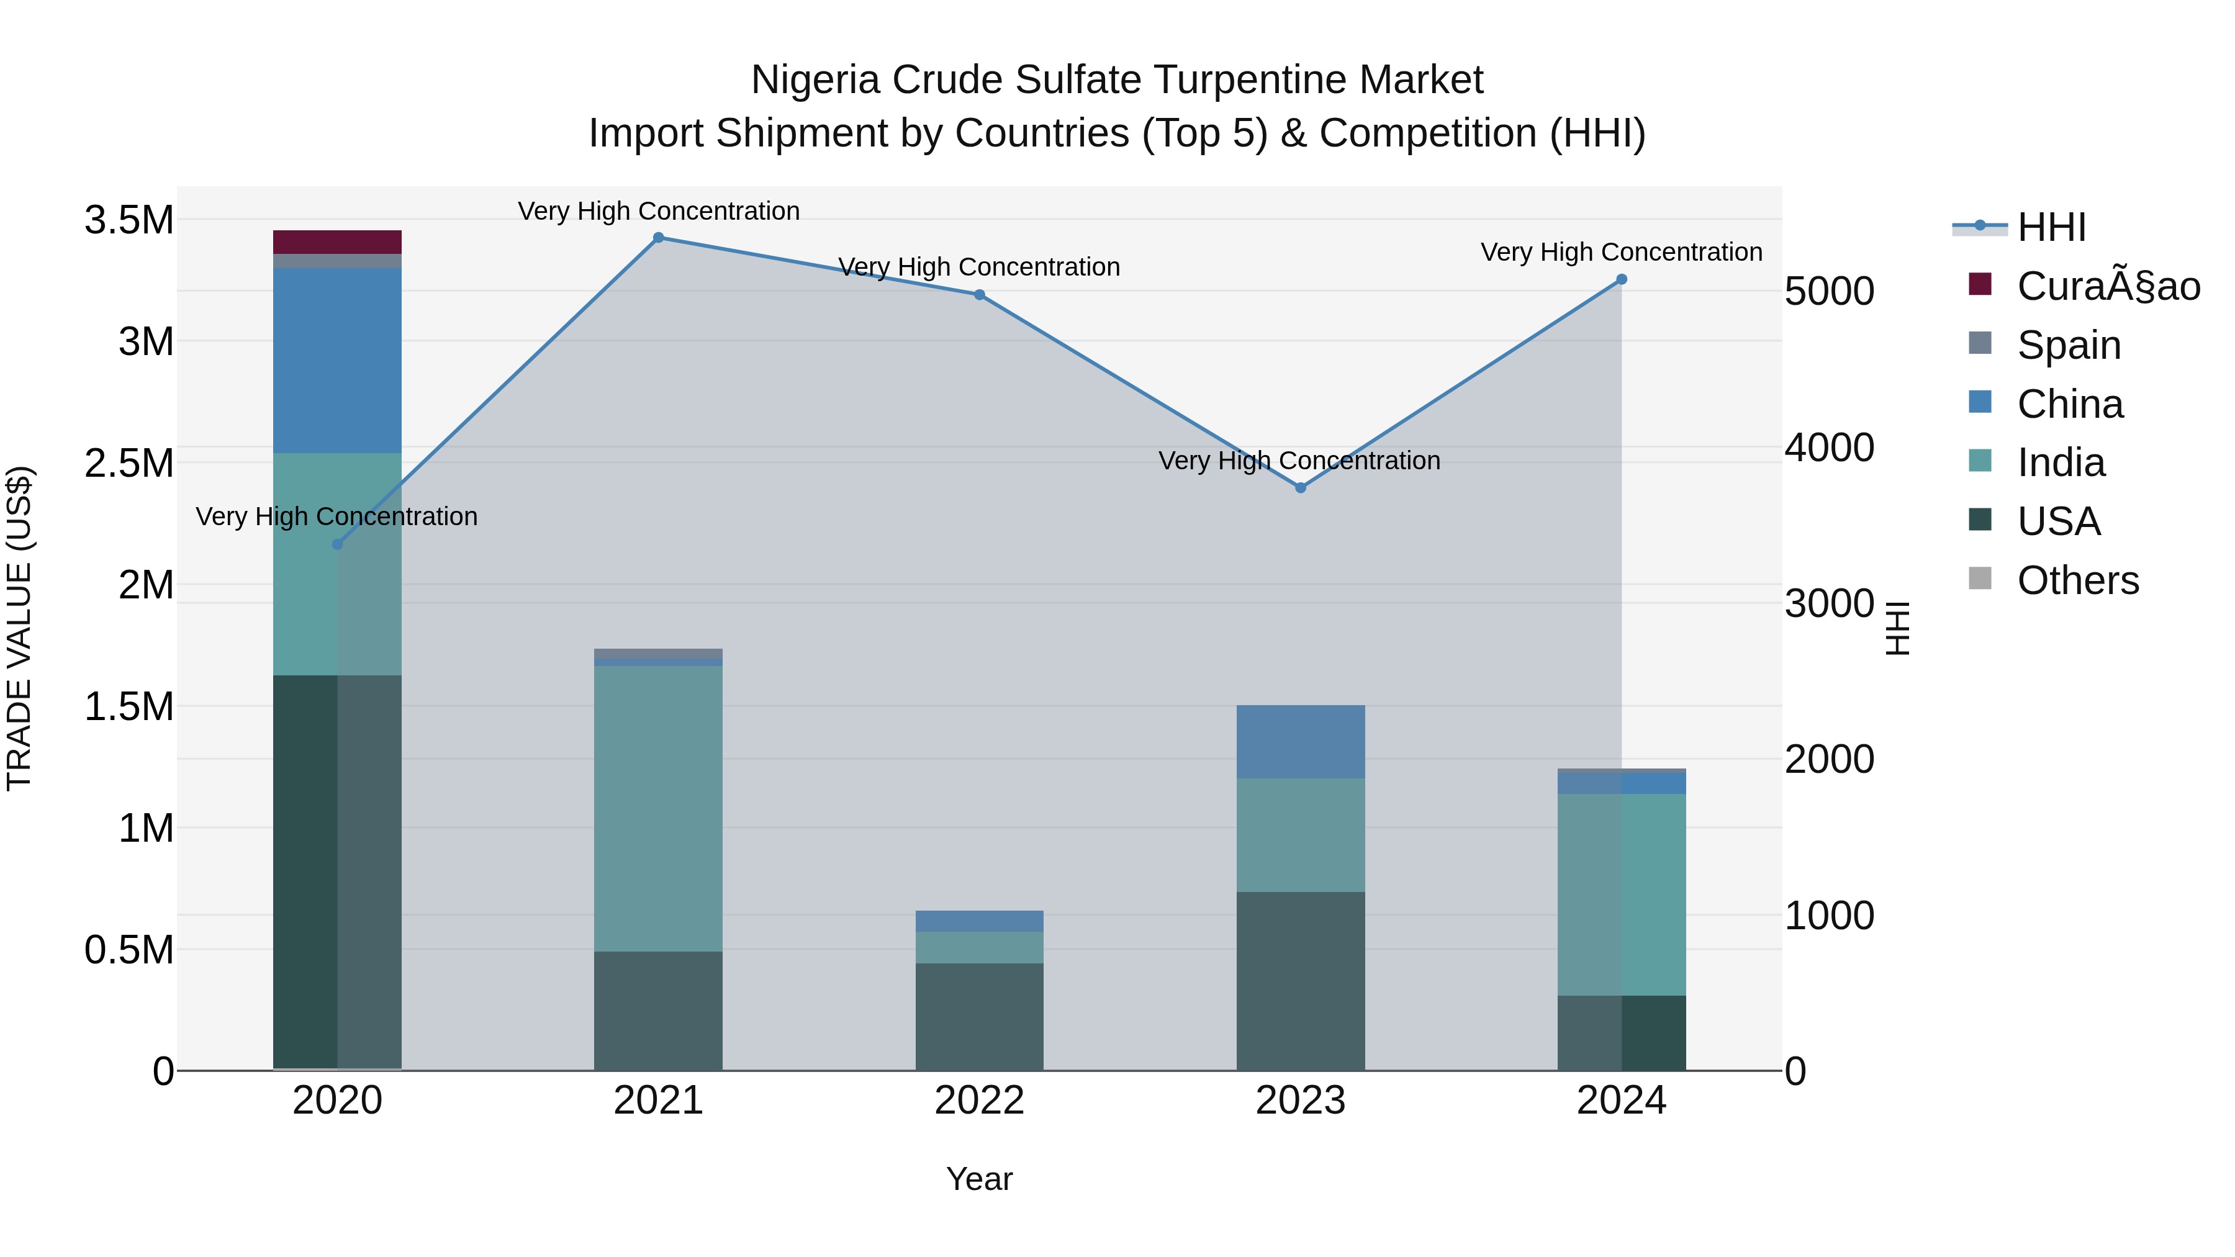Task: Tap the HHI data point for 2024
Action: point(1621,279)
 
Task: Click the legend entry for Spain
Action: point(2069,345)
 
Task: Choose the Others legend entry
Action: point(2077,580)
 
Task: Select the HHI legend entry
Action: point(2051,227)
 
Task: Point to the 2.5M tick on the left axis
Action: point(129,463)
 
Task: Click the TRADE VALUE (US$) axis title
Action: point(19,628)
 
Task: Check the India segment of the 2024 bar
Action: point(1621,893)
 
